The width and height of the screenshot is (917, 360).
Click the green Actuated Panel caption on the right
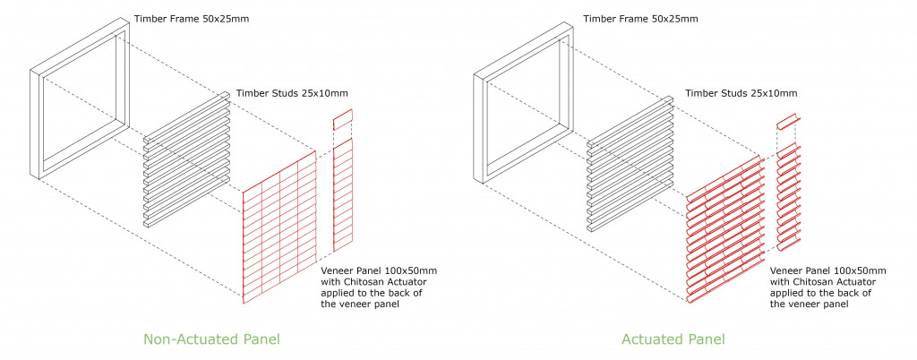click(x=673, y=339)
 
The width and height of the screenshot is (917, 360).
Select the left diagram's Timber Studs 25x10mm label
click(x=292, y=92)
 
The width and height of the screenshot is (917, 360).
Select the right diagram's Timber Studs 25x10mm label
click(x=741, y=92)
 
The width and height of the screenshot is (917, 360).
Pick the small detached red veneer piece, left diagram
click(x=343, y=119)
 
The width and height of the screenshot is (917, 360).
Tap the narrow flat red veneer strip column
click(x=343, y=193)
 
